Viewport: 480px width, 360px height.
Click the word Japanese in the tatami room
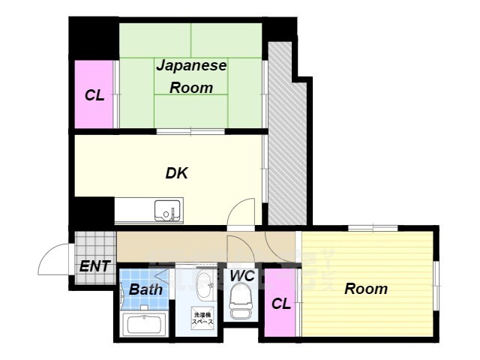(191, 66)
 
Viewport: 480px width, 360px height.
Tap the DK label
(176, 173)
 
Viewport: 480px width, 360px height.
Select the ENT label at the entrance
(94, 265)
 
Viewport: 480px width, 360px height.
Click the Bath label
(145, 289)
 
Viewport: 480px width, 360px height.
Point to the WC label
(241, 276)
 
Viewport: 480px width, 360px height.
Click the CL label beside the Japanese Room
(94, 95)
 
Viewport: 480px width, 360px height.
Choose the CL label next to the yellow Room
(280, 304)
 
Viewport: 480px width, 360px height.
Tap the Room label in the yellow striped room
(366, 288)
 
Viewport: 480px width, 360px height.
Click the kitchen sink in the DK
(167, 211)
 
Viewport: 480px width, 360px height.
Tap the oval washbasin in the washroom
(203, 285)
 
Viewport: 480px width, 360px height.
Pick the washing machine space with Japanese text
(203, 317)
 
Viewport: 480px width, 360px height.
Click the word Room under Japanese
(190, 88)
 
